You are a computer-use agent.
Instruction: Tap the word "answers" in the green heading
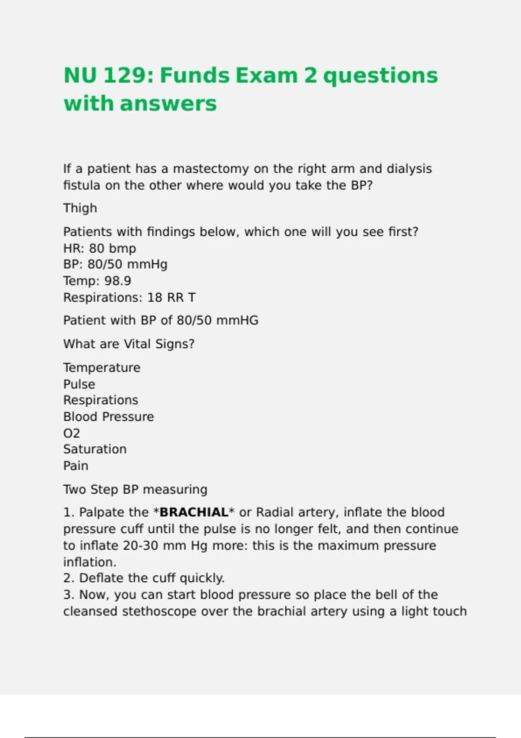pos(168,104)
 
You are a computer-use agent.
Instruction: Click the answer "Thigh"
pos(80,208)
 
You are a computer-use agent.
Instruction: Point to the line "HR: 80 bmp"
pos(99,248)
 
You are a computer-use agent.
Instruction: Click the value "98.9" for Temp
pos(118,281)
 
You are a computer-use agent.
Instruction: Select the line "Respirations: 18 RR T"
pos(129,297)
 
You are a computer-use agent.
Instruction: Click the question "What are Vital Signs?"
pos(129,344)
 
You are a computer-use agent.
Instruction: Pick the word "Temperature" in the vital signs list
pos(102,368)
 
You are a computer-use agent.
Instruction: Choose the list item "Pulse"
pos(79,384)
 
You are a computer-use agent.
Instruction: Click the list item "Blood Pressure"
pos(109,417)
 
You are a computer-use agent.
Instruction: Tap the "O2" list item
pos(72,433)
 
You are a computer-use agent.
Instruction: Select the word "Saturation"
pos(95,449)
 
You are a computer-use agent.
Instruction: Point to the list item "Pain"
pos(76,466)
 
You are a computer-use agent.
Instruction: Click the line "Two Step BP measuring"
pos(135,489)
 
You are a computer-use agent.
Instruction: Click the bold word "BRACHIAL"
pos(194,512)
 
